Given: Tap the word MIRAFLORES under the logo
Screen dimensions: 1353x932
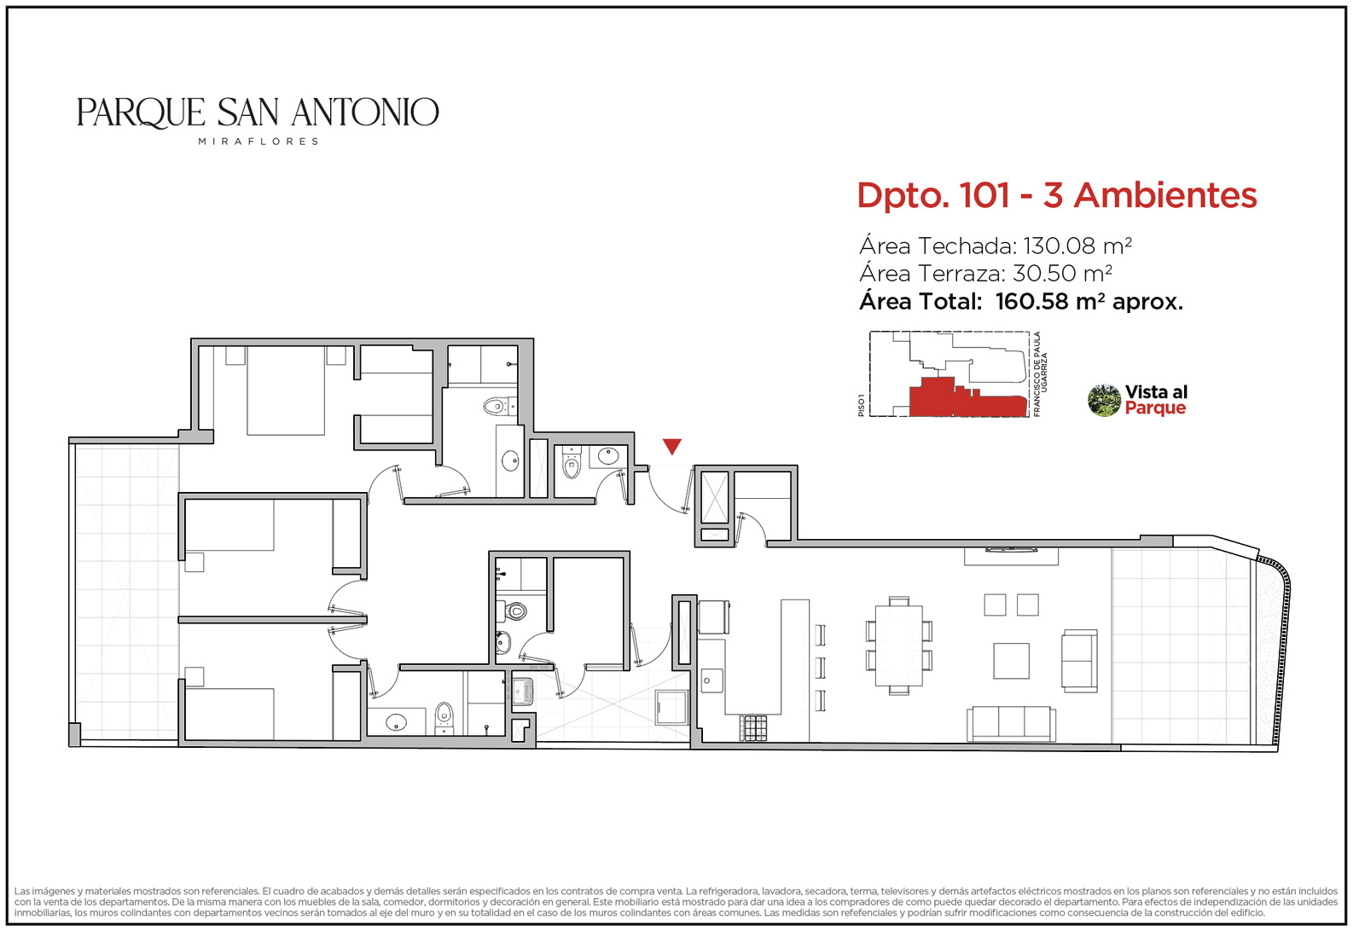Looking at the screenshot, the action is coord(258,142).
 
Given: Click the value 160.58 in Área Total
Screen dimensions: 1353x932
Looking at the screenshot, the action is coord(1031,301).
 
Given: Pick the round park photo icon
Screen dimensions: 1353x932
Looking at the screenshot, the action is coord(1104,401).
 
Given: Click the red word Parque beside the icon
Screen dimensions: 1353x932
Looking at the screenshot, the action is coord(1155,408).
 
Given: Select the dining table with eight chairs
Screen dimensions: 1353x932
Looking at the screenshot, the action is coord(899,645).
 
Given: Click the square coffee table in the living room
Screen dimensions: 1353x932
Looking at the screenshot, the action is coord(1011,661).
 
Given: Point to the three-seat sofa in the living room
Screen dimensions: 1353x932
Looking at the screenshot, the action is coord(1011,724).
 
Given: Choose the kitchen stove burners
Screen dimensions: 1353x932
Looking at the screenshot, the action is coord(753,728).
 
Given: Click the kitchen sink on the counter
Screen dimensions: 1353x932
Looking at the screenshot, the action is coord(711,680).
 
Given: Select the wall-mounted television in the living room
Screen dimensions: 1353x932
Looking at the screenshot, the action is coord(1011,550).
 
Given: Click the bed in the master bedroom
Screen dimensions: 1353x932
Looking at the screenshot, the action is coord(286,391).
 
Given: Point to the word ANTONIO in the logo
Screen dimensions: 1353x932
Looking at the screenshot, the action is coord(365,113).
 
